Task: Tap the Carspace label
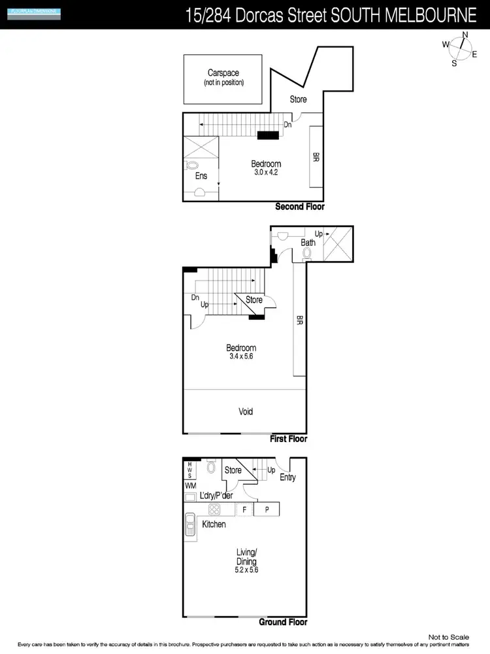[224, 73]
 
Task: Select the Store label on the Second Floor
[298, 99]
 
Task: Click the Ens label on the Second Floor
[201, 176]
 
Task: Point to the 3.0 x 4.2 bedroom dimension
[266, 173]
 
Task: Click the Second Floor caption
[299, 207]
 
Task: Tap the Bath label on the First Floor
[308, 243]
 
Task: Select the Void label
[245, 411]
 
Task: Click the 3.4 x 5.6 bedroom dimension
[240, 357]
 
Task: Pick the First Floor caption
[288, 439]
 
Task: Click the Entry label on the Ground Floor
[287, 477]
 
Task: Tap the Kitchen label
[214, 525]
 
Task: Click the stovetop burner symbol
[214, 509]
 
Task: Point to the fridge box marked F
[244, 509]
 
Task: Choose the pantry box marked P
[267, 509]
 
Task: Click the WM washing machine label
[189, 486]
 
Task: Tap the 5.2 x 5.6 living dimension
[246, 570]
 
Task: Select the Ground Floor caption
[283, 622]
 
